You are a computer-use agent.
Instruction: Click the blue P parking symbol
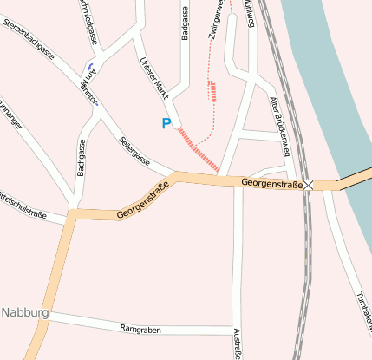click(x=166, y=124)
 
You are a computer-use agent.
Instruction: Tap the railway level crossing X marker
click(x=309, y=185)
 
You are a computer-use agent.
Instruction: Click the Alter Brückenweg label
click(x=282, y=121)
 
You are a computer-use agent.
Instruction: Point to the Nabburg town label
click(x=24, y=312)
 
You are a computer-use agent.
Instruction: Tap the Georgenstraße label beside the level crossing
click(x=271, y=184)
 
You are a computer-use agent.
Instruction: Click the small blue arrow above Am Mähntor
click(x=90, y=67)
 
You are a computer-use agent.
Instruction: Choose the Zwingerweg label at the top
click(x=217, y=19)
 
